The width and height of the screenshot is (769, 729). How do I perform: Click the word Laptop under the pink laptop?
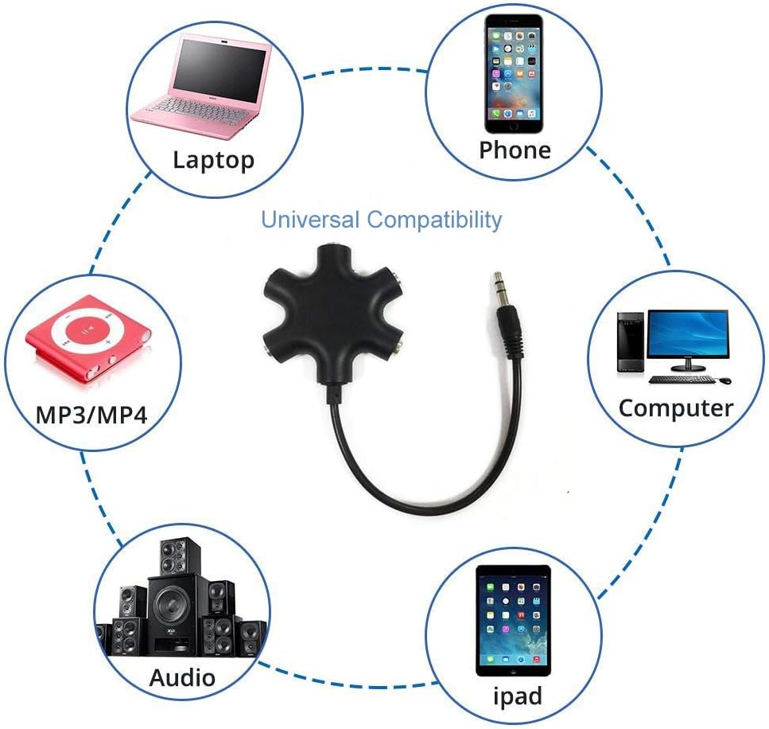(213, 160)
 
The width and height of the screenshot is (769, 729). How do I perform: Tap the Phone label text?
(515, 150)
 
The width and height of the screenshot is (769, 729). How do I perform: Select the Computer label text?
(676, 408)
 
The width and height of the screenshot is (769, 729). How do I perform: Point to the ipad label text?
(518, 696)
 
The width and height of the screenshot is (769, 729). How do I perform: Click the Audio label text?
(182, 677)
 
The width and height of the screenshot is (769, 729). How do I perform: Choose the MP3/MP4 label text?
(91, 415)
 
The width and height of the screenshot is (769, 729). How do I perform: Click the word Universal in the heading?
(310, 220)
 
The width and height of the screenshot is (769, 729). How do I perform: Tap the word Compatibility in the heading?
(434, 220)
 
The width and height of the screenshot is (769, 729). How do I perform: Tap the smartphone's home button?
(514, 126)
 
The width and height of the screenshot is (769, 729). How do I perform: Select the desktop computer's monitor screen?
(688, 333)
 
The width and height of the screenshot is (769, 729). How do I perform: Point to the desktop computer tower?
(631, 341)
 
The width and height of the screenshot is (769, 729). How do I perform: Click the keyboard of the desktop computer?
(682, 380)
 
